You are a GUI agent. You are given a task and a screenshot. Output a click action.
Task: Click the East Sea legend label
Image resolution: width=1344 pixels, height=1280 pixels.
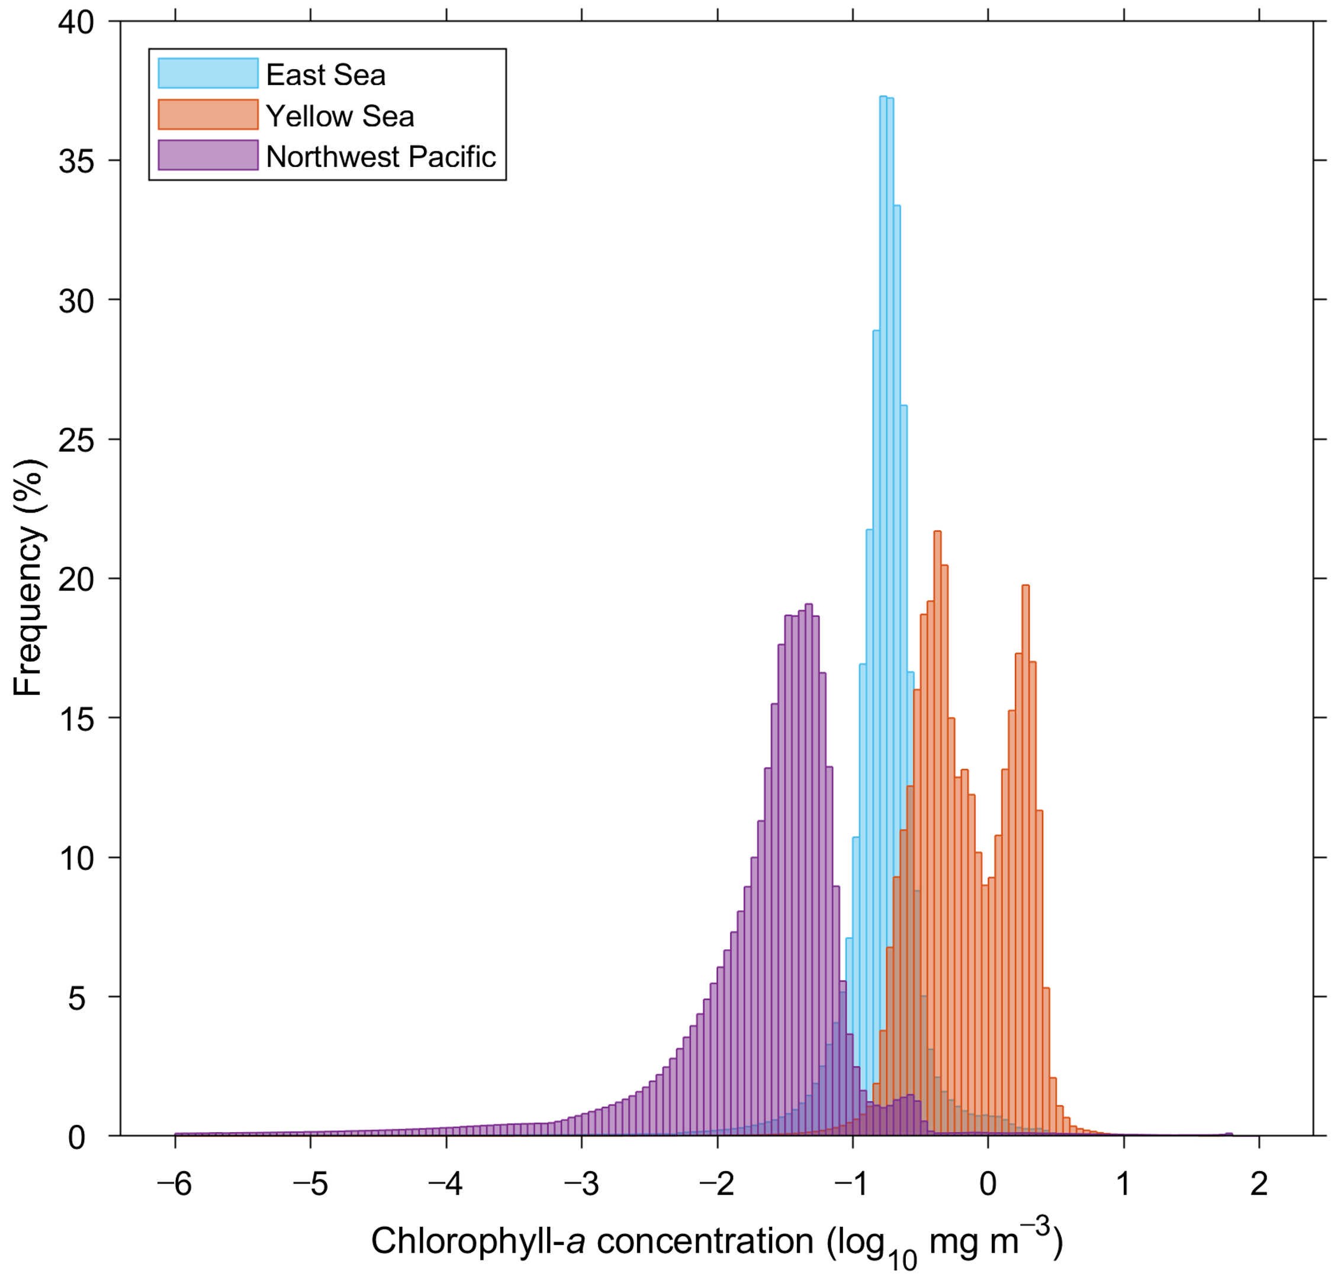click(326, 75)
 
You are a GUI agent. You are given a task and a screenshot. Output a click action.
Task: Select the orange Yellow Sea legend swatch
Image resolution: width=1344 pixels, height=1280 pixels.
click(208, 115)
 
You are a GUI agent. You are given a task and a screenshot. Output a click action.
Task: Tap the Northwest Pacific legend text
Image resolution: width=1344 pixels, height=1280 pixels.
click(381, 157)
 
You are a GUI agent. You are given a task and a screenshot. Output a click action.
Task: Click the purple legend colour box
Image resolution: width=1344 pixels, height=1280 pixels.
click(208, 156)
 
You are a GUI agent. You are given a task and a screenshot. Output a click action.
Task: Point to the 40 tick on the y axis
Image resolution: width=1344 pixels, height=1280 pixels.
click(76, 22)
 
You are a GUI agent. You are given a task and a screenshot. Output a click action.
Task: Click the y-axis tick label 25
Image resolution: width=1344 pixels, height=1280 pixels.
click(76, 441)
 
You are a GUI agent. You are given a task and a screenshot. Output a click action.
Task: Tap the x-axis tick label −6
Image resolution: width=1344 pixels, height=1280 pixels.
click(175, 1184)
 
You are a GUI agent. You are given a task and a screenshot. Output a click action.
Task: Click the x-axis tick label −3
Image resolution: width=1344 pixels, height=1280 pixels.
click(581, 1184)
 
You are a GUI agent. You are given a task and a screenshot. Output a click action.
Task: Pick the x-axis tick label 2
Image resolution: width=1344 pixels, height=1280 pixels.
click(1259, 1184)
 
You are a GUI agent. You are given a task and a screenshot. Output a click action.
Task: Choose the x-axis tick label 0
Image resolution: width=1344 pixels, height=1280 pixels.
click(988, 1184)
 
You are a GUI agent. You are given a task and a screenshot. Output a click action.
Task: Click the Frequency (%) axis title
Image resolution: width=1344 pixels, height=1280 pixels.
click(28, 577)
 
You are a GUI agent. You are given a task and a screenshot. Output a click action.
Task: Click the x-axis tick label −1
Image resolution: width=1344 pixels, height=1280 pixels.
click(853, 1184)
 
